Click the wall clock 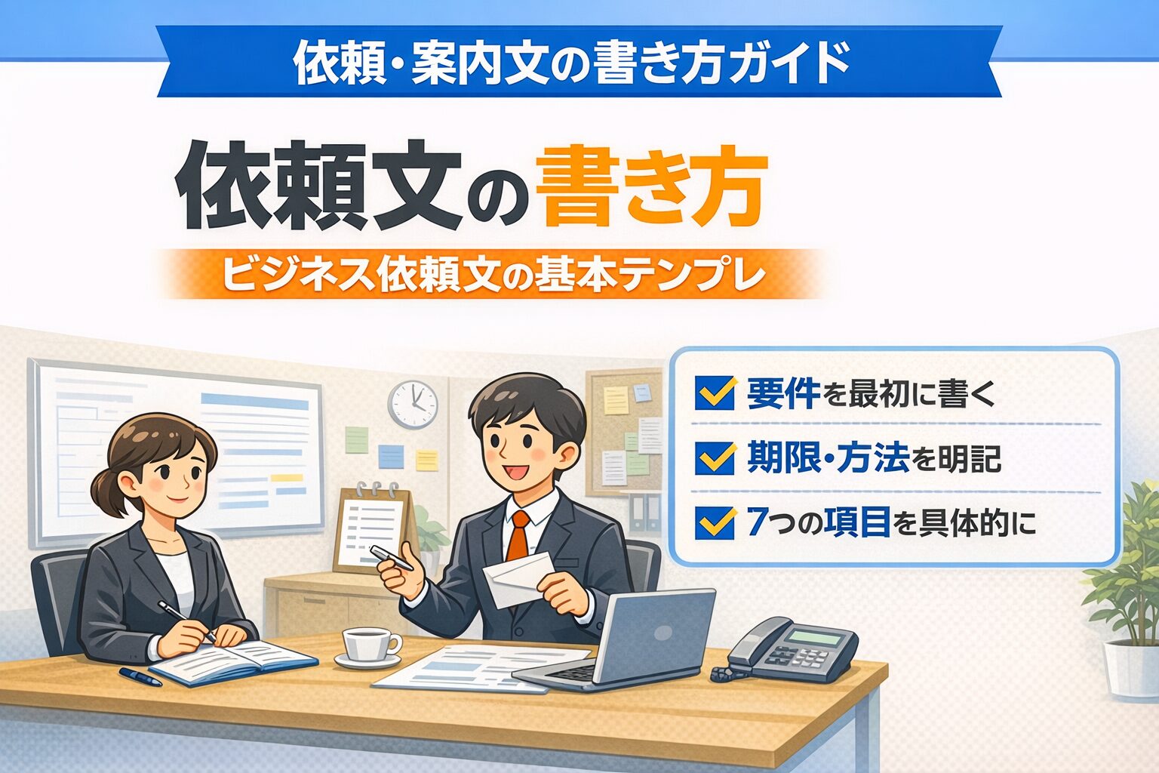(x=413, y=405)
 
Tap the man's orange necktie (x=518, y=535)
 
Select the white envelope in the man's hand (x=518, y=579)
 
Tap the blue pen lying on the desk (x=140, y=676)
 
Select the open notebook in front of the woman (x=233, y=663)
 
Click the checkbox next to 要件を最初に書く (x=715, y=393)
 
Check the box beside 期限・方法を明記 (x=715, y=458)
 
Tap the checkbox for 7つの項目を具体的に (x=715, y=522)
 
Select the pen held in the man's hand (x=392, y=558)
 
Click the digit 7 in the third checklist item (x=756, y=522)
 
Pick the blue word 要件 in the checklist (x=783, y=393)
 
